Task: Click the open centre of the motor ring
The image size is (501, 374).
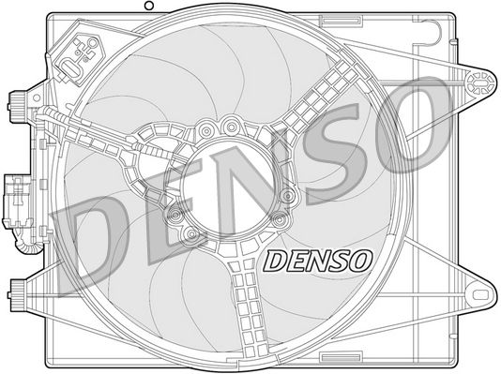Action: click(x=224, y=184)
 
